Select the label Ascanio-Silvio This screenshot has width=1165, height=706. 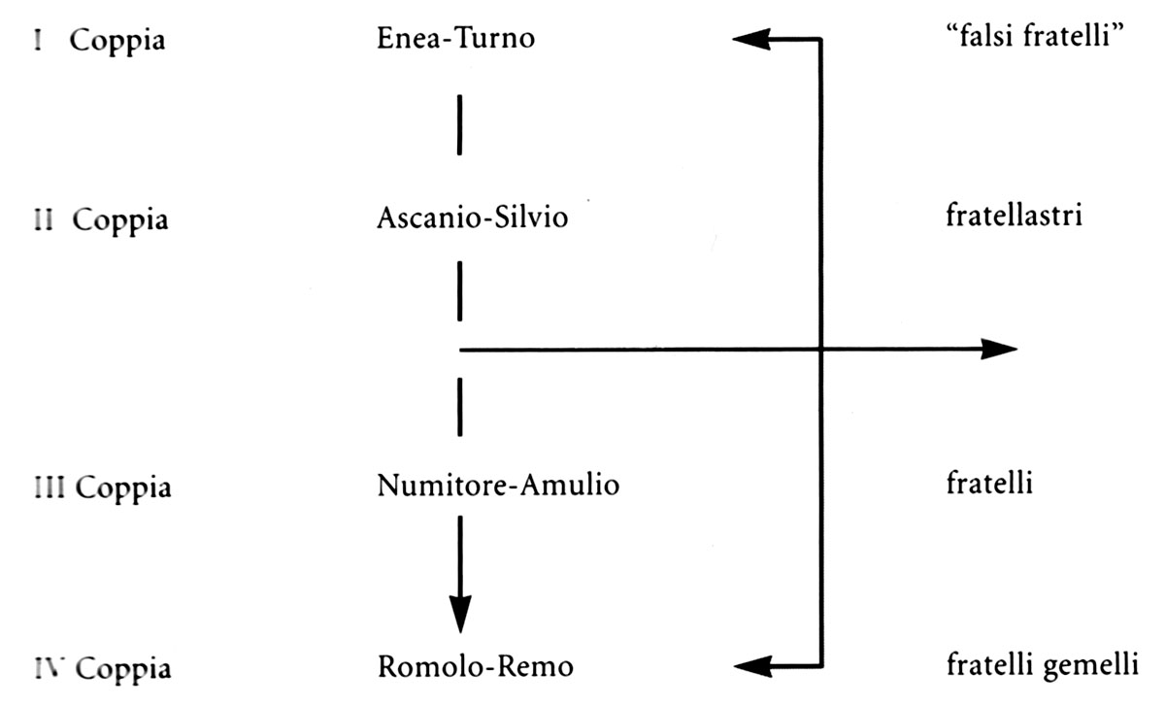471,219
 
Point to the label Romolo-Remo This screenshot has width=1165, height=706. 475,667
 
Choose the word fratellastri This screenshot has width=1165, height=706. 1013,216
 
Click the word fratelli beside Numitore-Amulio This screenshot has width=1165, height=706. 985,483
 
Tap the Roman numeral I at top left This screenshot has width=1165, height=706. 36,42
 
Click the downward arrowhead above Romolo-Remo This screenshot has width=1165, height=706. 459,614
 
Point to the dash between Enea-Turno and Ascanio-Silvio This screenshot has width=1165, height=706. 459,123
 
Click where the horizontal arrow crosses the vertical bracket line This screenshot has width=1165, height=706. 822,350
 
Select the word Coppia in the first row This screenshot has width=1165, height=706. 116,43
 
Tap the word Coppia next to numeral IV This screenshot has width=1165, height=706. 123,670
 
